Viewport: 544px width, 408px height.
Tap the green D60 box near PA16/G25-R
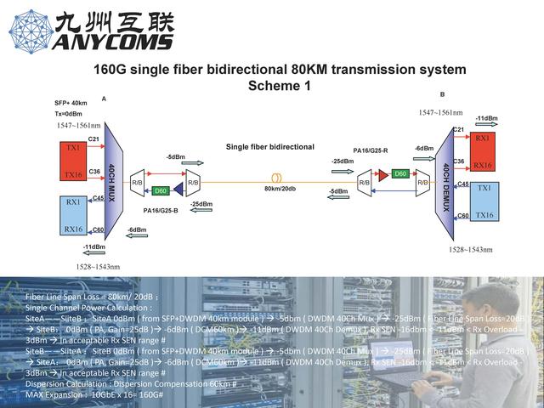click(x=399, y=173)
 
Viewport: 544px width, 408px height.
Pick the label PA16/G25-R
click(x=371, y=150)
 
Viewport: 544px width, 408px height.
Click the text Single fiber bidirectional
click(x=269, y=147)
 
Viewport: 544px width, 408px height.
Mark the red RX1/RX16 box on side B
click(x=482, y=151)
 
